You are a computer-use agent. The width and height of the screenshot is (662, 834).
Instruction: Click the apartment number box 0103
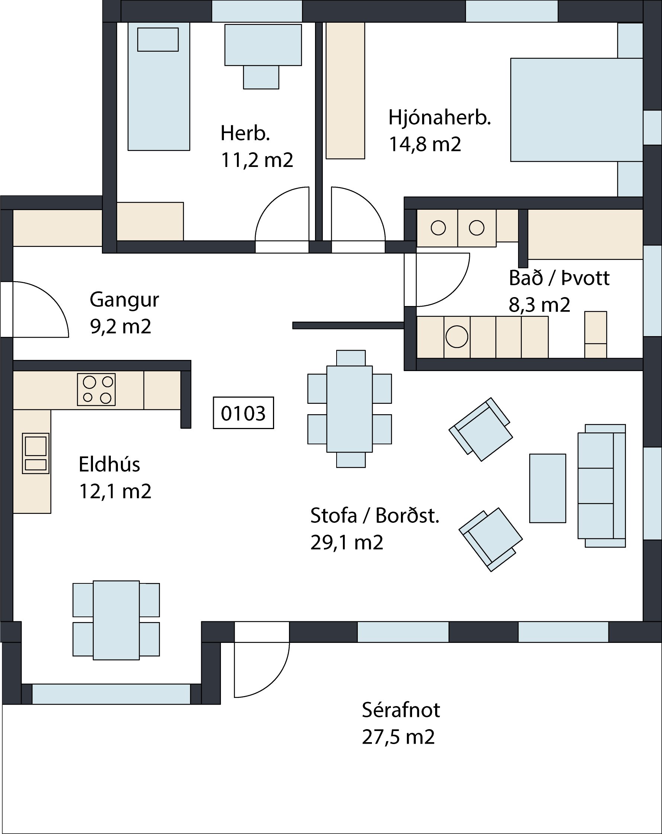click(x=243, y=413)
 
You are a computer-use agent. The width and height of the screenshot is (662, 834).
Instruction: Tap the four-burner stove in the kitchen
click(x=96, y=389)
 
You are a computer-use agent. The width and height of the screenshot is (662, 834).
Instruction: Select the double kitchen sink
click(x=36, y=453)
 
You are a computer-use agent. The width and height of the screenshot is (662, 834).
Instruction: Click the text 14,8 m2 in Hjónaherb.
click(x=425, y=145)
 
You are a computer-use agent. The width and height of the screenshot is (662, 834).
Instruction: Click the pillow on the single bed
click(x=158, y=39)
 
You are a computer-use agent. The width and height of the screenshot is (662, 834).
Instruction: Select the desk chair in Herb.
click(x=261, y=77)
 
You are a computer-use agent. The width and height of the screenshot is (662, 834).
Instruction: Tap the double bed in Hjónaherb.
click(x=576, y=109)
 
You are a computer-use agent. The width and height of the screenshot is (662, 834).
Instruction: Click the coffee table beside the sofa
click(x=547, y=488)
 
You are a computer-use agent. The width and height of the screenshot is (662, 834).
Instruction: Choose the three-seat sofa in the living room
click(x=602, y=486)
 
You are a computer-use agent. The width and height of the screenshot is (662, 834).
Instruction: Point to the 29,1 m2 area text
click(x=347, y=543)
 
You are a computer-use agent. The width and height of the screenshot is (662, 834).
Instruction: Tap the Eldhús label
click(x=109, y=464)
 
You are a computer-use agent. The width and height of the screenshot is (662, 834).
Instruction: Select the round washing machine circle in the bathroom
click(x=457, y=337)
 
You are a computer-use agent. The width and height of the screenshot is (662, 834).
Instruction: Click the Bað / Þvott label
click(x=559, y=278)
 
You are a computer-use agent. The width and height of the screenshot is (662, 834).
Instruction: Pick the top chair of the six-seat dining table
click(x=351, y=358)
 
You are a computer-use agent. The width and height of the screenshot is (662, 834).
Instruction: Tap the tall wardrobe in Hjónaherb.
click(x=345, y=90)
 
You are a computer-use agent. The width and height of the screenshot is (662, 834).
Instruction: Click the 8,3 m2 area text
click(x=539, y=305)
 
